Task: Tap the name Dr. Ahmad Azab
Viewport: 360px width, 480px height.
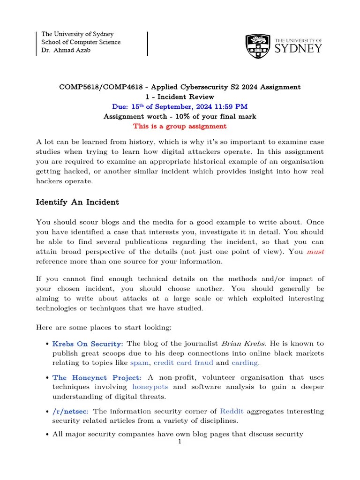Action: [66, 50]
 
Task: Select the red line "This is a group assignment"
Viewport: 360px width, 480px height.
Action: [180, 126]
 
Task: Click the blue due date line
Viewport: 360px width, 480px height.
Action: [180, 106]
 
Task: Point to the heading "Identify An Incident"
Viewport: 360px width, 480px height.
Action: [77, 202]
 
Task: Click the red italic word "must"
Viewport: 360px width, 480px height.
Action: [315, 252]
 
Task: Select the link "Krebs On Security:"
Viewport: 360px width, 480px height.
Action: [88, 344]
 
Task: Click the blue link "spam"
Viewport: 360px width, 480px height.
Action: [139, 362]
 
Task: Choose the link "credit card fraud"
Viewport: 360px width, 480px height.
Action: [183, 362]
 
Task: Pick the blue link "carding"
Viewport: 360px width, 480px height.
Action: [244, 362]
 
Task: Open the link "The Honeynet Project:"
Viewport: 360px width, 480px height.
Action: [97, 377]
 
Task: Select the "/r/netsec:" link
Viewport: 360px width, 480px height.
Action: [71, 411]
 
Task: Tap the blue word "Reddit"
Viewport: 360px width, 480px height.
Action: [232, 411]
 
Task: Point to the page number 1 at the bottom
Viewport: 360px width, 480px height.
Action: [180, 442]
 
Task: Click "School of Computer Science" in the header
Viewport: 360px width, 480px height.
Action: [81, 42]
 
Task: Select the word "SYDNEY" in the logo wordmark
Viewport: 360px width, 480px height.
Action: [298, 49]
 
